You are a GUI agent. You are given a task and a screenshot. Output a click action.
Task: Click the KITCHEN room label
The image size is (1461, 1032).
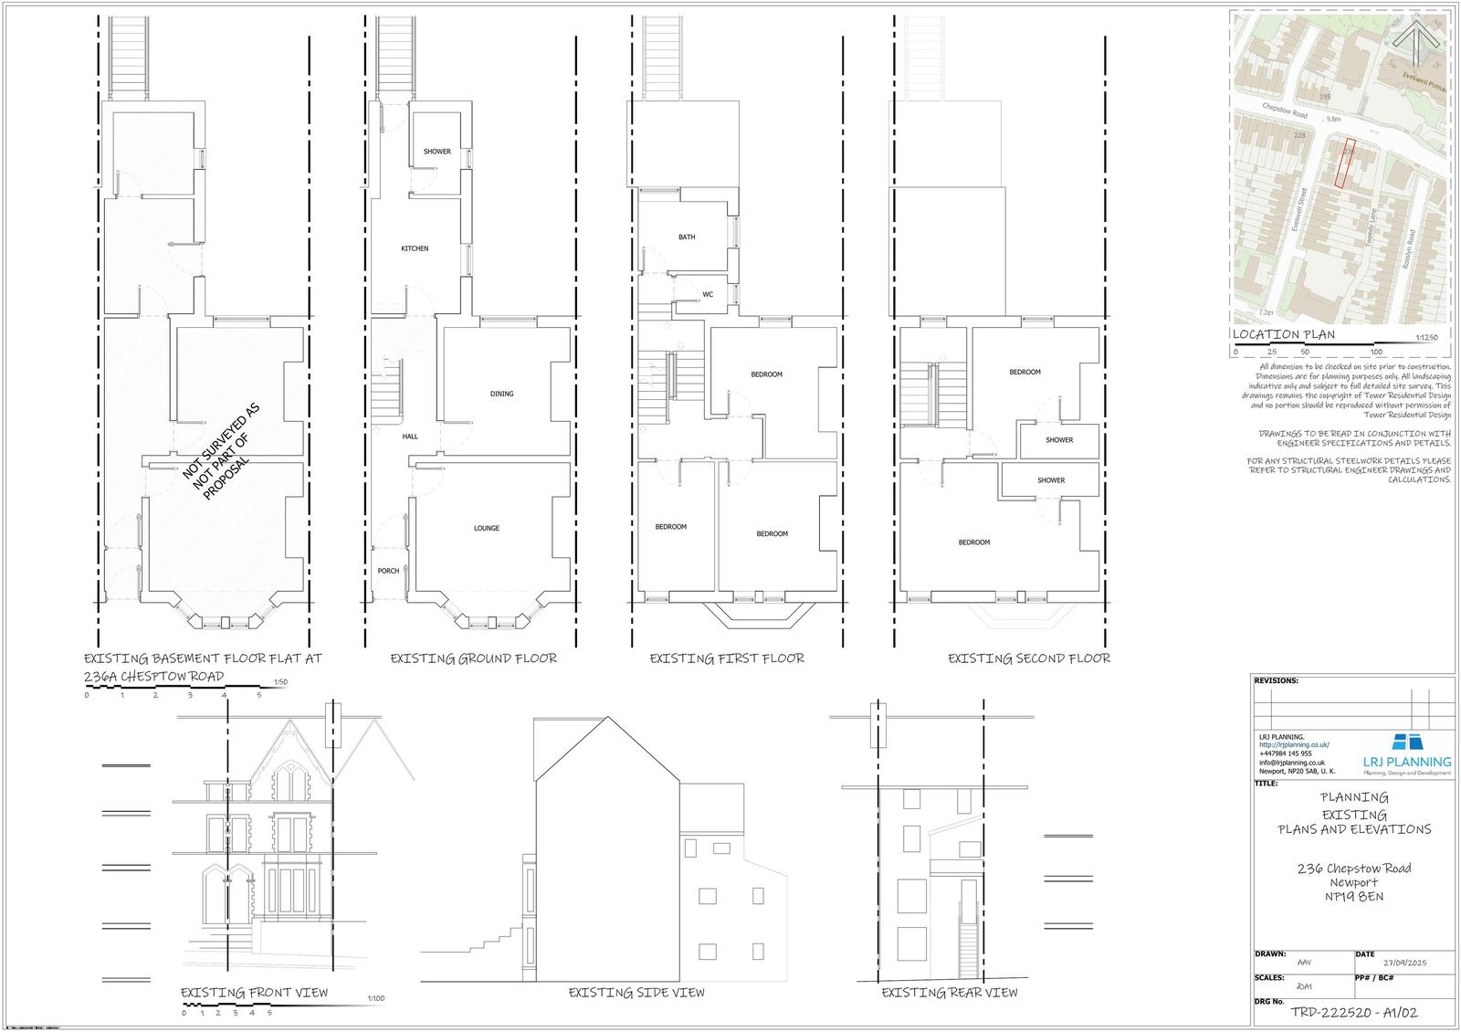pos(415,248)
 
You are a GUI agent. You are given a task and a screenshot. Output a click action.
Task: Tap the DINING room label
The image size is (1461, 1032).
pos(501,394)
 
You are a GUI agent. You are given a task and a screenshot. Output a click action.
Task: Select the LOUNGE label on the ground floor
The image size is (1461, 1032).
pos(486,528)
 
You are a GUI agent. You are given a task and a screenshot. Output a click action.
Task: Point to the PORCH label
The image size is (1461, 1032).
pos(388,571)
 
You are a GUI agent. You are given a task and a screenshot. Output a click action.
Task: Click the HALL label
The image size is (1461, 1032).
pos(410,437)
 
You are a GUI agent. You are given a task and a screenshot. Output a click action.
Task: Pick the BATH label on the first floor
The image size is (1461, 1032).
pos(686,237)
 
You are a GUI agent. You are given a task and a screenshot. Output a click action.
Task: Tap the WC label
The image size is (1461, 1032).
pos(707,294)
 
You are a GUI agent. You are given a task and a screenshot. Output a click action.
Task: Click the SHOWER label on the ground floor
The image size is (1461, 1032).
pos(436,152)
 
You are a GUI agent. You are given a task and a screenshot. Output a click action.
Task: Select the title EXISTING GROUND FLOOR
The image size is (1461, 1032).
pos(473,658)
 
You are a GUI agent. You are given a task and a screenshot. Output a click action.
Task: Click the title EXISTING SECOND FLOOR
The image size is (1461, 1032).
pos(1028,658)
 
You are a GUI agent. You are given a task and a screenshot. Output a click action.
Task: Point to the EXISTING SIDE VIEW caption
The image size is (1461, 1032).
pos(636,993)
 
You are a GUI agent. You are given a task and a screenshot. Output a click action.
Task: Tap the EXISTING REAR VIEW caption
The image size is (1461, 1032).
pos(949,993)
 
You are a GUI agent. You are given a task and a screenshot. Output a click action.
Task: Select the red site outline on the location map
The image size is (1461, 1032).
pos(1343,165)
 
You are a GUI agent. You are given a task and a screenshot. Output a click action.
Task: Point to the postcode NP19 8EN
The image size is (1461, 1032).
pos(1354,897)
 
